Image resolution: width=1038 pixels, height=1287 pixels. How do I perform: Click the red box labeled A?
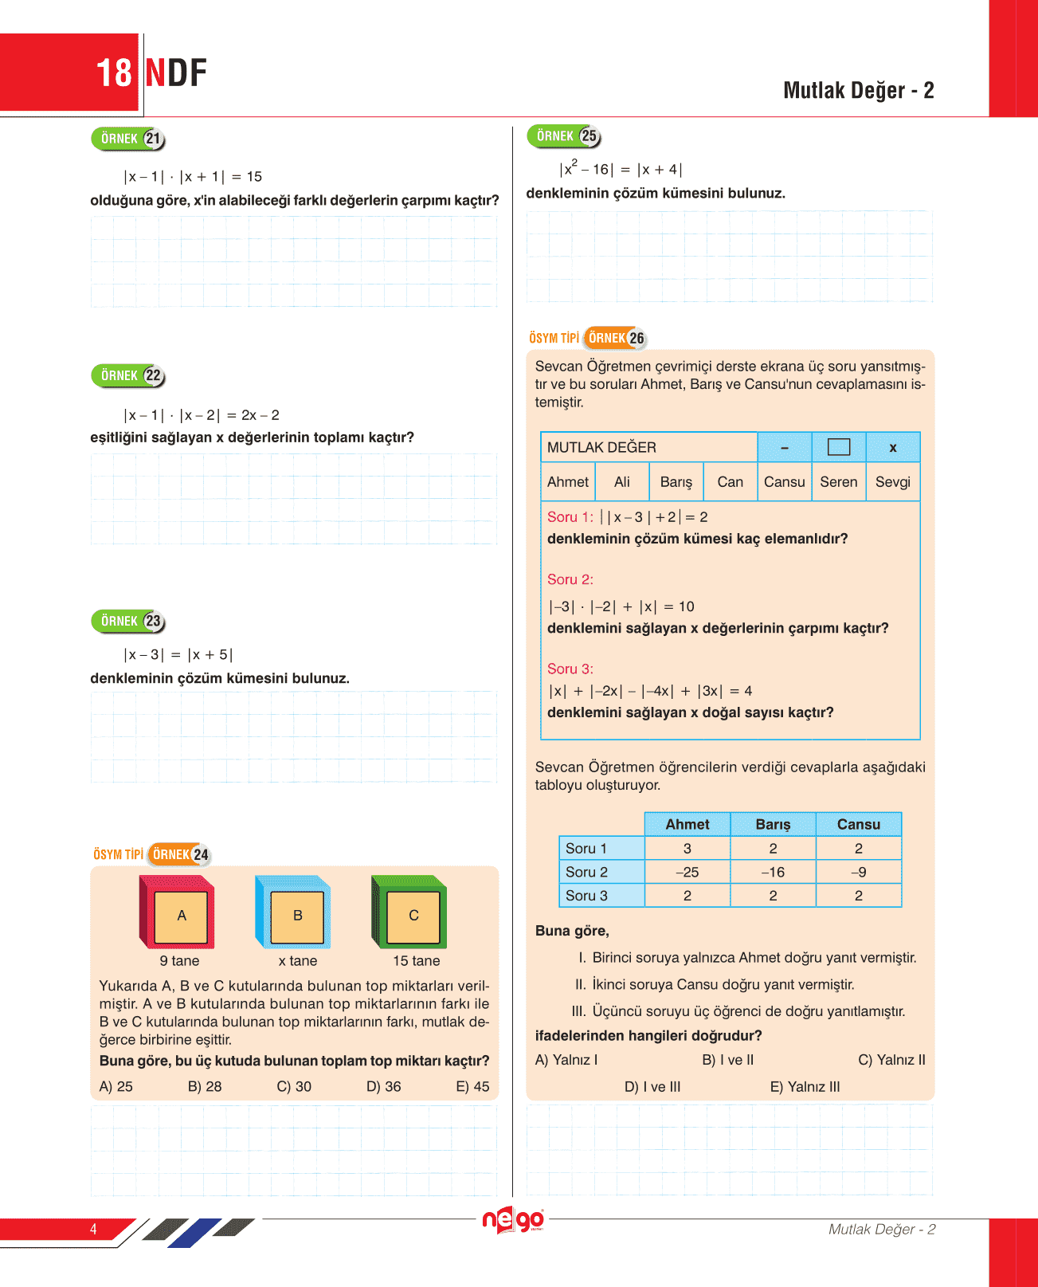pos(178,913)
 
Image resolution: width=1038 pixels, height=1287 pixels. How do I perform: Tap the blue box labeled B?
pos(294,913)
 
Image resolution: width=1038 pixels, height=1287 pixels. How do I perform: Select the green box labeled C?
pos(410,913)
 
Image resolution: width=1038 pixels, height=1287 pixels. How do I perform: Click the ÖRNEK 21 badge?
pos(128,139)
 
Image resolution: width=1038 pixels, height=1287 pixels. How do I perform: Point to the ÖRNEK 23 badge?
pos(128,621)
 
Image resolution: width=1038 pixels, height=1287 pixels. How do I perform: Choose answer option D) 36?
pos(383,1086)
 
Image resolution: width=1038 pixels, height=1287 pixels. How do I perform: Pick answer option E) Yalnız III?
pos(805,1086)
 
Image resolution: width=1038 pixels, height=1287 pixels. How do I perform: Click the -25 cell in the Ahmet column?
pos(687,872)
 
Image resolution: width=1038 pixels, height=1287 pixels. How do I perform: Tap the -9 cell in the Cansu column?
pos(858,872)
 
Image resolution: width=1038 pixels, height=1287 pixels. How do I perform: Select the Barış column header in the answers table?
pos(773,824)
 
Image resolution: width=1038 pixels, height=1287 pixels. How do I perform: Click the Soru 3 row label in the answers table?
pos(586,896)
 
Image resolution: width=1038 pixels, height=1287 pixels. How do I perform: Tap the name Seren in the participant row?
pos(838,482)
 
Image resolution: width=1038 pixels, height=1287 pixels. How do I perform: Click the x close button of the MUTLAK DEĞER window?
pos(892,448)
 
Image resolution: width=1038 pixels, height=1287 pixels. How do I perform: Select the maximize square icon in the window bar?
pos(838,447)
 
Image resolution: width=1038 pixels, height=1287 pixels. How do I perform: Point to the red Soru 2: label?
pos(570,579)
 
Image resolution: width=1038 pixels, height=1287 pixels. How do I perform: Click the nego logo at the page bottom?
pos(513,1220)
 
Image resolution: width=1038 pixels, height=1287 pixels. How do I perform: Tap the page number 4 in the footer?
pos(93,1229)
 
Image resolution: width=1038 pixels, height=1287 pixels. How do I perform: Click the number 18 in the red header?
pos(113,73)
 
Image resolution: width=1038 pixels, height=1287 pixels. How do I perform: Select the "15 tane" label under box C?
pos(416,961)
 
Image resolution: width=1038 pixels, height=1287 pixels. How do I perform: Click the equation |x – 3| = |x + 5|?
pos(178,655)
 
